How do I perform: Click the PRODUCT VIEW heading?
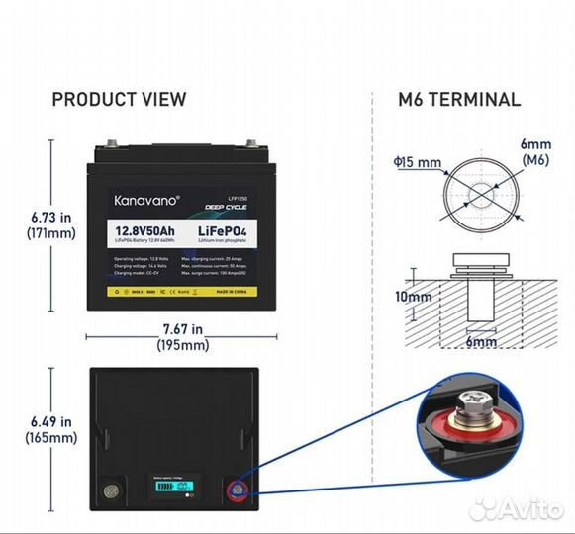(119, 99)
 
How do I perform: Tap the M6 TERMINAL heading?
(460, 99)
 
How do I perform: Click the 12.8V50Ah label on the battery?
(145, 234)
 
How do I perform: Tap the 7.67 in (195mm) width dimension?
(182, 337)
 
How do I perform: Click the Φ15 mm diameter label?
(417, 161)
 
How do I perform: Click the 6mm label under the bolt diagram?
(480, 342)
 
